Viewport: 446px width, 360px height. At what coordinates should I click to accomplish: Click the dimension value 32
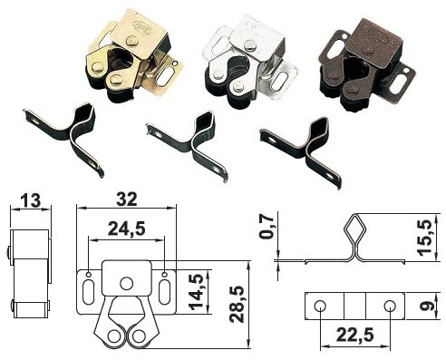click(127, 199)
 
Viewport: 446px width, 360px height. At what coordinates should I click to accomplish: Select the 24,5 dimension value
click(127, 229)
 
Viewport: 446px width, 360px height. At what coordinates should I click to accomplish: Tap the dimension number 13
click(31, 200)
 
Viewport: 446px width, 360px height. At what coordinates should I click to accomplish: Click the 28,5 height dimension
click(237, 304)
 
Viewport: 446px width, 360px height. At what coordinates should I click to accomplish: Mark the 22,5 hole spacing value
click(355, 335)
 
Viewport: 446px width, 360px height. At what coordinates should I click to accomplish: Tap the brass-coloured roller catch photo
click(134, 56)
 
